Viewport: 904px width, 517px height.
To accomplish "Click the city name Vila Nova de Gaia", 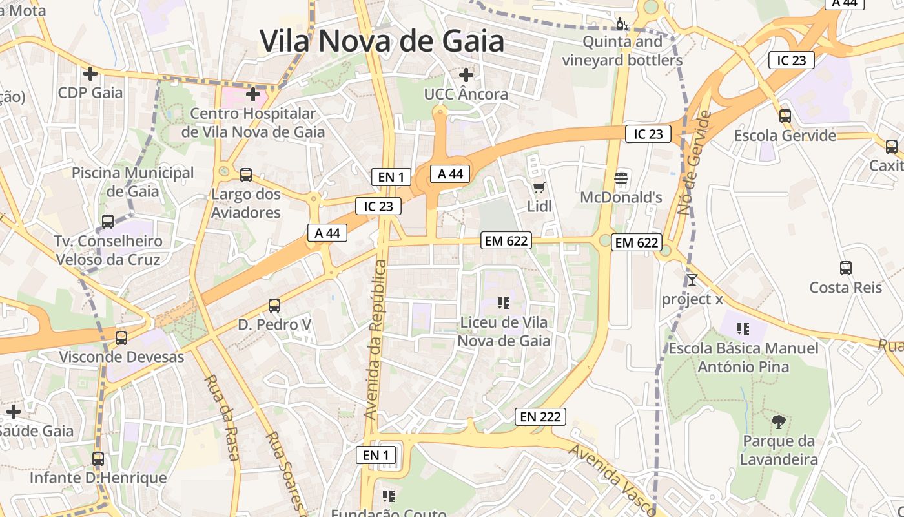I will pyautogui.click(x=382, y=41).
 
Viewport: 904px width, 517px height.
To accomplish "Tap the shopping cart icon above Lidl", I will pyautogui.click(x=539, y=188).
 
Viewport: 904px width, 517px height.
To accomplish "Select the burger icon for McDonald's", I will pyautogui.click(x=621, y=178).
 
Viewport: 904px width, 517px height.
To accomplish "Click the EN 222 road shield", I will pyautogui.click(x=540, y=417).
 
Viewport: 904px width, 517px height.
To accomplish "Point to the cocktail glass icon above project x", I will pyautogui.click(x=692, y=280).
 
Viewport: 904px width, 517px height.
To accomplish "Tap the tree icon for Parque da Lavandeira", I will pyautogui.click(x=779, y=422).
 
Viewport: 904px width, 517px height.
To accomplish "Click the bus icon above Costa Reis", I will pyautogui.click(x=846, y=268).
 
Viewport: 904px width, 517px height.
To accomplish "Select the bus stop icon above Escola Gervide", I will pyautogui.click(x=785, y=116).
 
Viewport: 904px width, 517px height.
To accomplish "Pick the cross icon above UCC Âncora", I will pyautogui.click(x=466, y=75).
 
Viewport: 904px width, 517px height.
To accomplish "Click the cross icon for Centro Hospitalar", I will pyautogui.click(x=253, y=95).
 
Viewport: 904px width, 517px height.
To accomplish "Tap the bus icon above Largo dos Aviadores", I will pyautogui.click(x=246, y=174).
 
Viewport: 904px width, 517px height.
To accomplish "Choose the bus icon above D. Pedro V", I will pyautogui.click(x=274, y=305).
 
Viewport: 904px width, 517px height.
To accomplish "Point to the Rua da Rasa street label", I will pyautogui.click(x=223, y=417).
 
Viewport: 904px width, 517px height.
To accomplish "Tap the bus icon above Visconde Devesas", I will pyautogui.click(x=121, y=337).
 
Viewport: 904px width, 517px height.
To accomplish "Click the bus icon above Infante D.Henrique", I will pyautogui.click(x=98, y=459).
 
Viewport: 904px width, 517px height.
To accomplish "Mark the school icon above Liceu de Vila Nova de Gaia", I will pyautogui.click(x=504, y=302).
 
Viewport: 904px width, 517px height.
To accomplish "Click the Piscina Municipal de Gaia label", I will pyautogui.click(x=132, y=182).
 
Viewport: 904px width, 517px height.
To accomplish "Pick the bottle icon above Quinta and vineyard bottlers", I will pyautogui.click(x=622, y=24).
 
